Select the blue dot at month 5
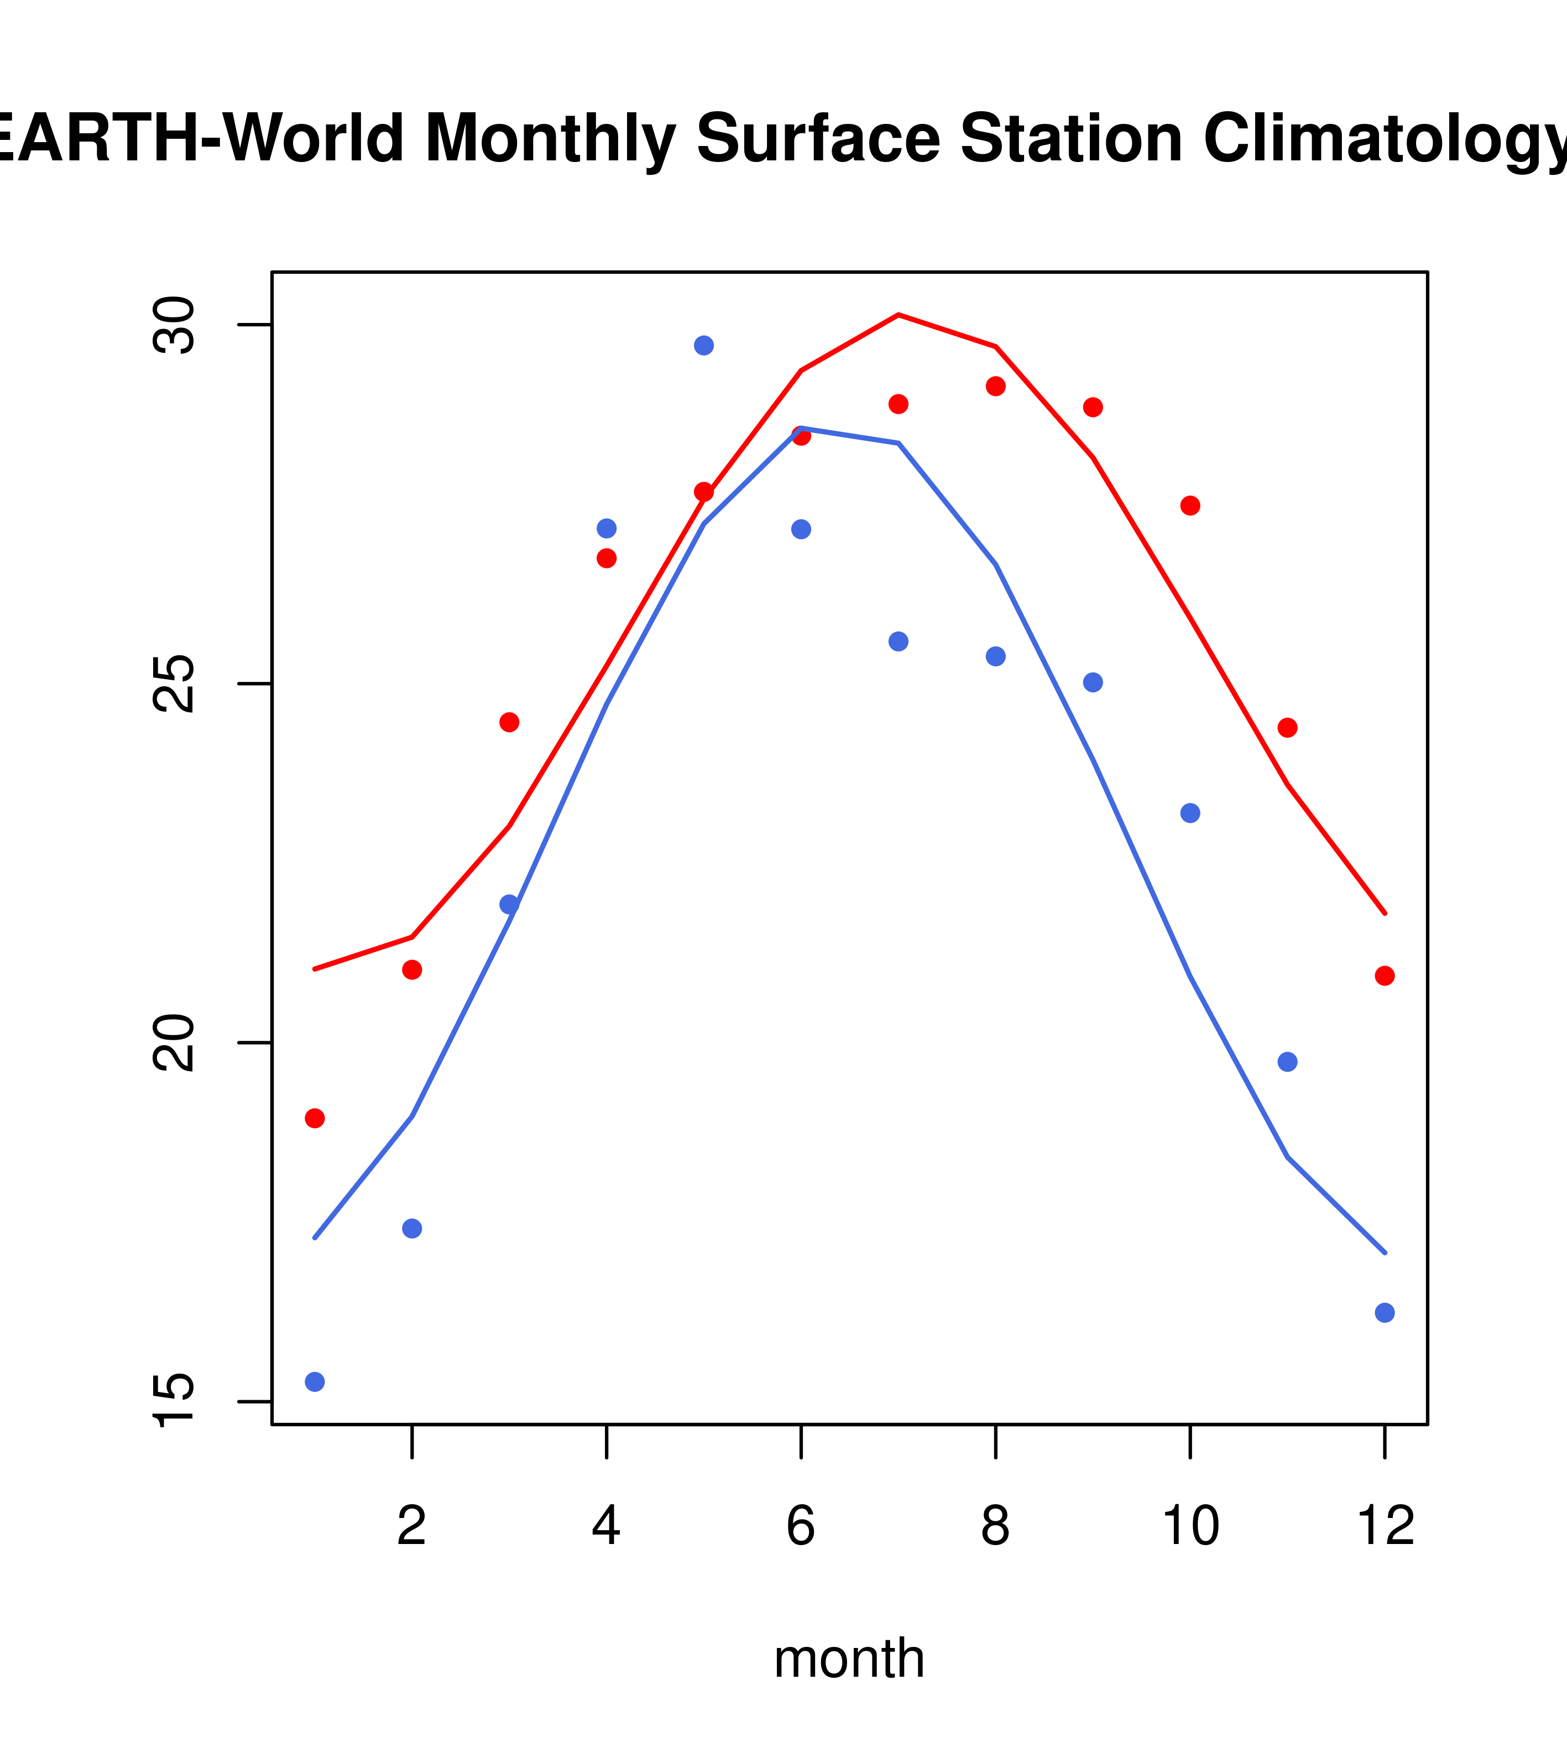tap(704, 346)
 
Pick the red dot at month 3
tap(510, 722)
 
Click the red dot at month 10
tap(1190, 505)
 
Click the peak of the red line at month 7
tap(899, 315)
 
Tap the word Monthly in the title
tap(550, 139)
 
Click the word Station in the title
tap(1071, 139)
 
